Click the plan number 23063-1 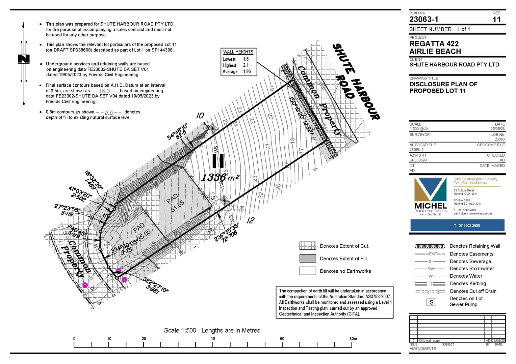(423, 20)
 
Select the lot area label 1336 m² (220, 177)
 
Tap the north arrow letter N (24, 59)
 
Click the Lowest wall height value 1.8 (246, 59)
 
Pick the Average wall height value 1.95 (247, 71)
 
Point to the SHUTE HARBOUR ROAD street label (356, 81)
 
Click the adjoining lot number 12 (250, 220)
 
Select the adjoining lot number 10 (200, 116)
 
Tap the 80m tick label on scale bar (353, 338)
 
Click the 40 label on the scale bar (213, 338)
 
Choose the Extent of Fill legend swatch (308, 259)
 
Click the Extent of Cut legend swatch (308, 246)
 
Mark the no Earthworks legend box (308, 271)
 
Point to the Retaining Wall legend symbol (430, 246)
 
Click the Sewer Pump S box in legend (431, 302)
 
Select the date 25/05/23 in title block (497, 129)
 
